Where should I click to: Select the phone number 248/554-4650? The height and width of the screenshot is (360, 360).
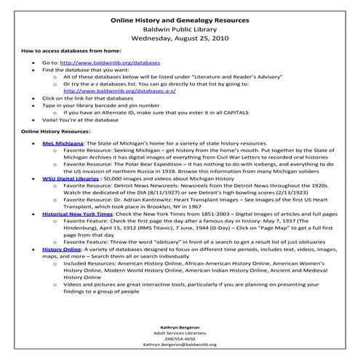pos(179,338)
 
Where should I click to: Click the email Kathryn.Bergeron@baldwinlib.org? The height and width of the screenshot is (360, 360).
pos(179,345)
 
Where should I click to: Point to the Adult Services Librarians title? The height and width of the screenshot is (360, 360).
pos(179,332)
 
